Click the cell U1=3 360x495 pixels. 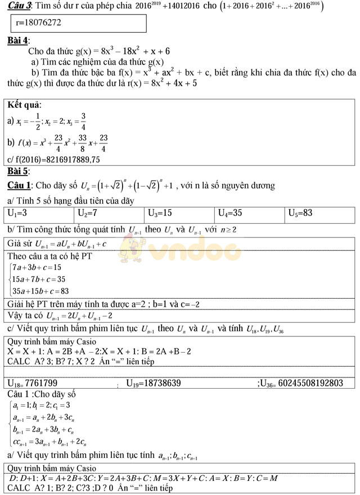(x=21, y=213)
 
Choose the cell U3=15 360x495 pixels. (x=160, y=213)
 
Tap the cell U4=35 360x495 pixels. (x=231, y=213)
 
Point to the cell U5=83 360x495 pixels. (x=300, y=213)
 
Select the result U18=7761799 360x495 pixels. (x=32, y=383)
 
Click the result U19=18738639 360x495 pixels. (x=153, y=383)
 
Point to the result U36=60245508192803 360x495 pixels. (x=300, y=383)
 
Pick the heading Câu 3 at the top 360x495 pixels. (x=17, y=5)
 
